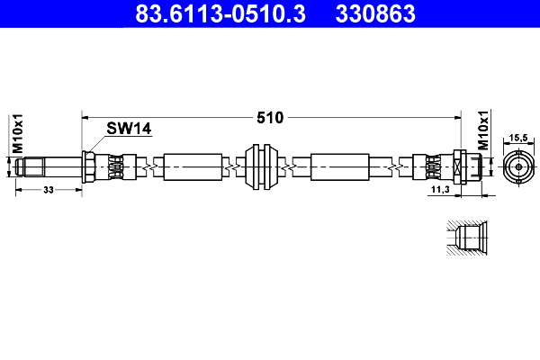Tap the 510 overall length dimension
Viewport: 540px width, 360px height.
click(270, 118)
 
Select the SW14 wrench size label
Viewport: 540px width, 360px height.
click(129, 129)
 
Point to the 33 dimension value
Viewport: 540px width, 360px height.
click(48, 190)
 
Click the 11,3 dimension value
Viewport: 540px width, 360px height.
click(440, 191)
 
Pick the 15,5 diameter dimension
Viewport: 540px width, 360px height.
click(518, 137)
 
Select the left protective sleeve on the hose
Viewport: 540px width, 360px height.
click(193, 166)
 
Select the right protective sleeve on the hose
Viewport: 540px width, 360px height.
click(338, 166)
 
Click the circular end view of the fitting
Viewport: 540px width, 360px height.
click(518, 167)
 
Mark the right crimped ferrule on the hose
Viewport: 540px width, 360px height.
click(430, 166)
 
